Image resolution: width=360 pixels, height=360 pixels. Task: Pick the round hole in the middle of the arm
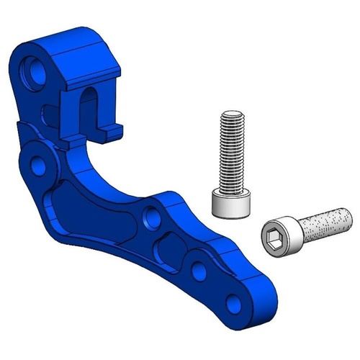pos(151,215)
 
